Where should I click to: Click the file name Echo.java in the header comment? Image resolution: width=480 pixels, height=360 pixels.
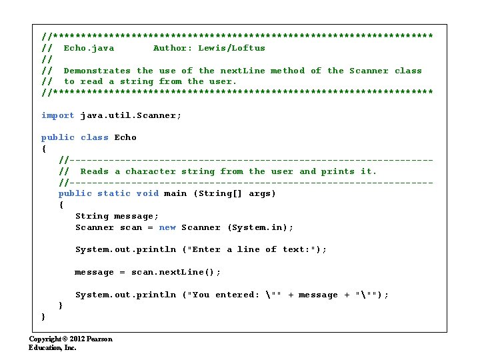[89, 48]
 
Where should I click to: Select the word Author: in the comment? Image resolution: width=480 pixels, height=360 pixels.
[173, 48]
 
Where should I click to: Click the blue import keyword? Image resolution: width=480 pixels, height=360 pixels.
[58, 115]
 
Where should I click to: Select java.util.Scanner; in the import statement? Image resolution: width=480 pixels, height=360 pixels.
[131, 115]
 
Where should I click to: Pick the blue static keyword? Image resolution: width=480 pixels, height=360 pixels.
[114, 193]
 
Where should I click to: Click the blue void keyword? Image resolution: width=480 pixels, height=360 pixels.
[147, 193]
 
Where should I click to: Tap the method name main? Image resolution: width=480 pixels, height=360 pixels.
[175, 193]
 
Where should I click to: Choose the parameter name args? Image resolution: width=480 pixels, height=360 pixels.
[262, 193]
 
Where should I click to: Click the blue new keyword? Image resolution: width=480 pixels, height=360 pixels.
[167, 227]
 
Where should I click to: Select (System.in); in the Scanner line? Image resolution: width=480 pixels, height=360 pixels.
[260, 227]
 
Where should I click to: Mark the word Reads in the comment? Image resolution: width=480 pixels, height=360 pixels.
[94, 171]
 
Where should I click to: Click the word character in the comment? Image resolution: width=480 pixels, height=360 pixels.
[151, 171]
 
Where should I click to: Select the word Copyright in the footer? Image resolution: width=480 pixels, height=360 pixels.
[45, 339]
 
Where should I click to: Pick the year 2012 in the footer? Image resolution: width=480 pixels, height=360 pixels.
[75, 339]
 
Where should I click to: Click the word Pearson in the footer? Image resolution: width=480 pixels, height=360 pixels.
[99, 339]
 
